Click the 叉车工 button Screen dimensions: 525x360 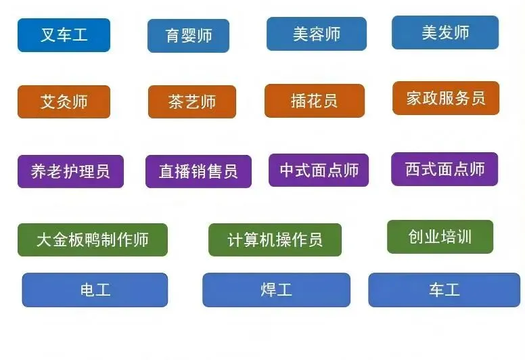click(x=64, y=35)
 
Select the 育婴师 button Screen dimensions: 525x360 click(x=189, y=36)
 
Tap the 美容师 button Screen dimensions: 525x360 click(x=317, y=34)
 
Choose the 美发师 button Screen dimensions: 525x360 click(x=445, y=32)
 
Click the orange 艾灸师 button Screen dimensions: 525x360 click(x=64, y=102)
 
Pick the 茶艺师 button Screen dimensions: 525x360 click(x=192, y=102)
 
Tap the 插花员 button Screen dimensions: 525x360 click(x=315, y=101)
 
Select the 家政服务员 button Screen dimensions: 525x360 click(x=446, y=98)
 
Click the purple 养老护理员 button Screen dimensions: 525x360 click(x=70, y=171)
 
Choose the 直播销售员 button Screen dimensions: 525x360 click(x=198, y=171)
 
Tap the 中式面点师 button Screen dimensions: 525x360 click(x=319, y=170)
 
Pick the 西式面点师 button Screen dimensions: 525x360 click(x=444, y=169)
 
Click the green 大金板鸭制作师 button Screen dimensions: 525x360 click(x=93, y=240)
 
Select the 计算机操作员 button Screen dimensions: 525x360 click(x=275, y=240)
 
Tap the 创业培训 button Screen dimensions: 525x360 click(x=440, y=237)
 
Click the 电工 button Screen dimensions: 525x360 click(x=95, y=290)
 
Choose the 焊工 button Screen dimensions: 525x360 click(x=277, y=290)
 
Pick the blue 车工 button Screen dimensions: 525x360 click(x=444, y=290)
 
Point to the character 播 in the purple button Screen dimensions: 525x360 click(x=183, y=171)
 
